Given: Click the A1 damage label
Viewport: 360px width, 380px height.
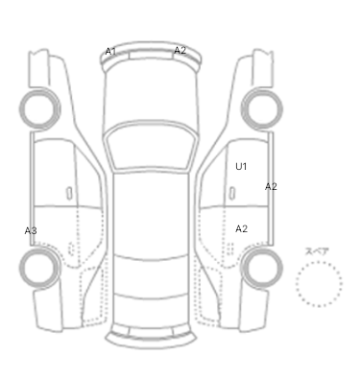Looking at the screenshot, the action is (x=110, y=52).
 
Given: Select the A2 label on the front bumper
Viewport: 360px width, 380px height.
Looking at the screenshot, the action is (x=180, y=50).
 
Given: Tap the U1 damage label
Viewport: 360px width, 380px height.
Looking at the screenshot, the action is (x=241, y=166).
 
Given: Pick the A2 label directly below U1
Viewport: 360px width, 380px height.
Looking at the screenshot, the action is (x=241, y=228).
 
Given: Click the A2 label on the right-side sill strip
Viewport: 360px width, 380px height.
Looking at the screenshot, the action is (x=271, y=186).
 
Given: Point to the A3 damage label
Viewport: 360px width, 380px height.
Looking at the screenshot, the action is (x=31, y=230).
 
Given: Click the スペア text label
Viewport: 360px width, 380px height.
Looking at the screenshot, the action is (x=317, y=251).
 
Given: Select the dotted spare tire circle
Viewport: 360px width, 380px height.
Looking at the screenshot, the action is (x=319, y=261).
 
